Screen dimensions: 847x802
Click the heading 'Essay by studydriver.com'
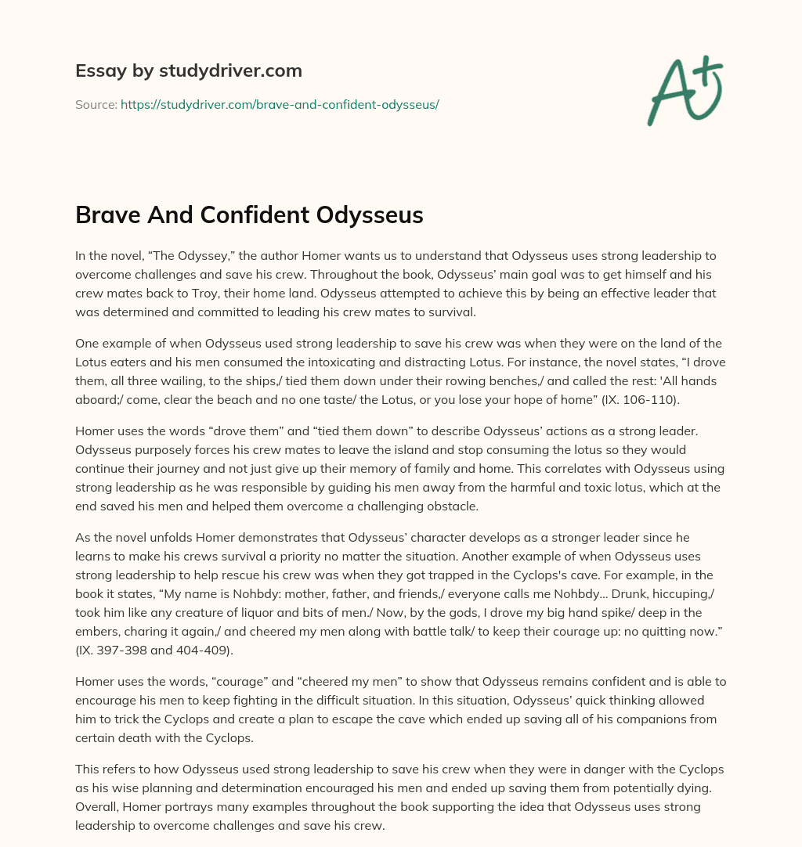189,71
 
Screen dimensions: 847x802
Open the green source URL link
280,104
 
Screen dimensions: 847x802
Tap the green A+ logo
684,89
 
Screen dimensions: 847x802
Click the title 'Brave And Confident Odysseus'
249,215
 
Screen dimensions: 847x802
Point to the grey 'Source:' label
96,104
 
